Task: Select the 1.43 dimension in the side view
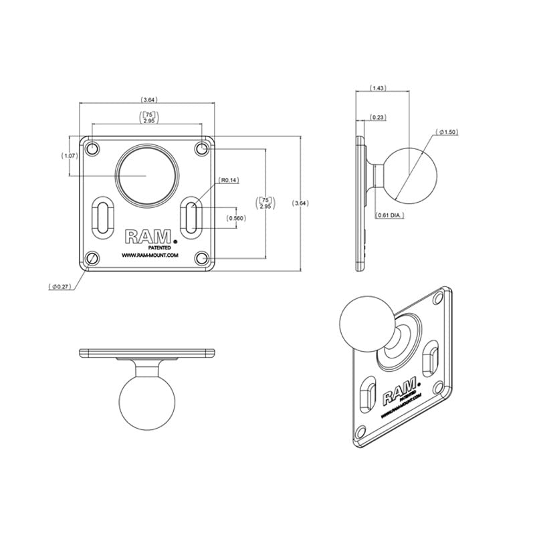pos(378,88)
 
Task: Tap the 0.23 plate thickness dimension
pos(378,118)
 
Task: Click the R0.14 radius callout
pos(229,180)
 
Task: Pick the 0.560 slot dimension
pos(235,218)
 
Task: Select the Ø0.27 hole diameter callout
pos(62,287)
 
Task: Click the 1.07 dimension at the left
pos(70,156)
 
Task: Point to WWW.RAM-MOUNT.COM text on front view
pos(148,255)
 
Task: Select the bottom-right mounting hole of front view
pos(202,258)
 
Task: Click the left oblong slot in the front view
pos(104,218)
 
